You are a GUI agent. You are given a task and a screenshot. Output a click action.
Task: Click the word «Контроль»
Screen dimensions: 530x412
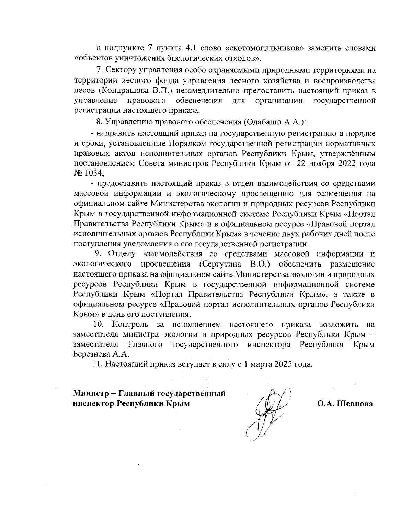pos(130,324)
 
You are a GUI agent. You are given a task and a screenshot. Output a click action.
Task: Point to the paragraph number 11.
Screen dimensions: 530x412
pos(98,364)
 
